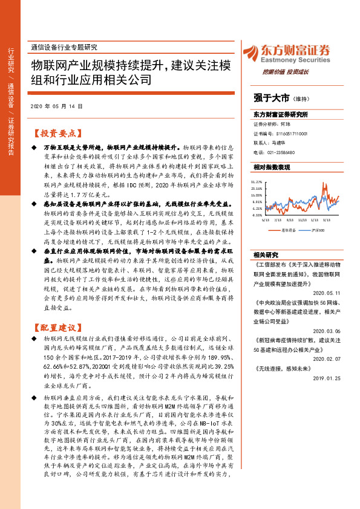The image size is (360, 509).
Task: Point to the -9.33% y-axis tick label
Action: [257, 214]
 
